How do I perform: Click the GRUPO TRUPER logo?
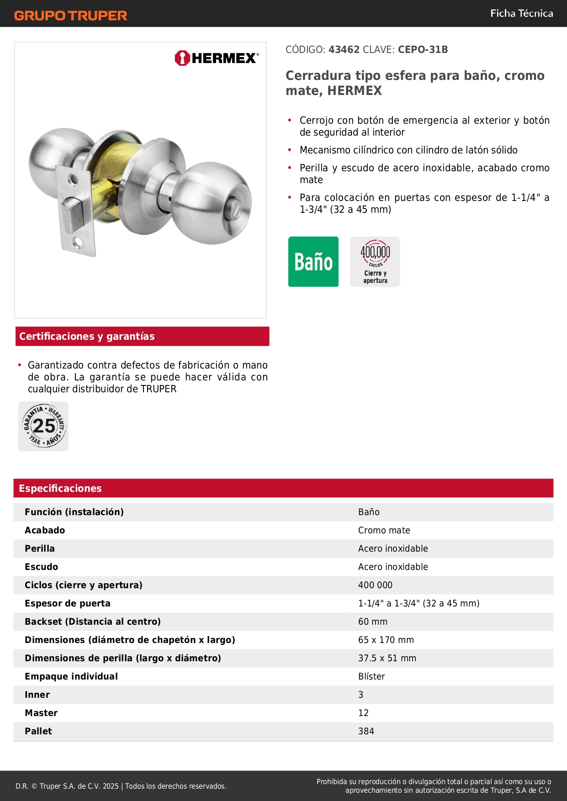[71, 16]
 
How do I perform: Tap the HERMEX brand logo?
[217, 58]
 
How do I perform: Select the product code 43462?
[344, 49]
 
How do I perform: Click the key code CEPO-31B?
[423, 49]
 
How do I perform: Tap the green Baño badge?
[313, 262]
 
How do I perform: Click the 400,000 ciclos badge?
[375, 262]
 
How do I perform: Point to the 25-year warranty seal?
[44, 426]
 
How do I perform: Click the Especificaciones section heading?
[60, 488]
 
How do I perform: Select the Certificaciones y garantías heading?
[87, 337]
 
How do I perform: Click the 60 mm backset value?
[373, 622]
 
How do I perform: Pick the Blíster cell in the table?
[371, 676]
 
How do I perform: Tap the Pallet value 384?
[366, 731]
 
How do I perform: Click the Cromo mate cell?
[384, 530]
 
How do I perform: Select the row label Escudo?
[42, 567]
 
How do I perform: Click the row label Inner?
[37, 695]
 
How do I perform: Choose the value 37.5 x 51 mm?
[387, 658]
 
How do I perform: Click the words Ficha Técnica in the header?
[521, 13]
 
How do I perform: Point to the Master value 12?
[363, 713]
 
